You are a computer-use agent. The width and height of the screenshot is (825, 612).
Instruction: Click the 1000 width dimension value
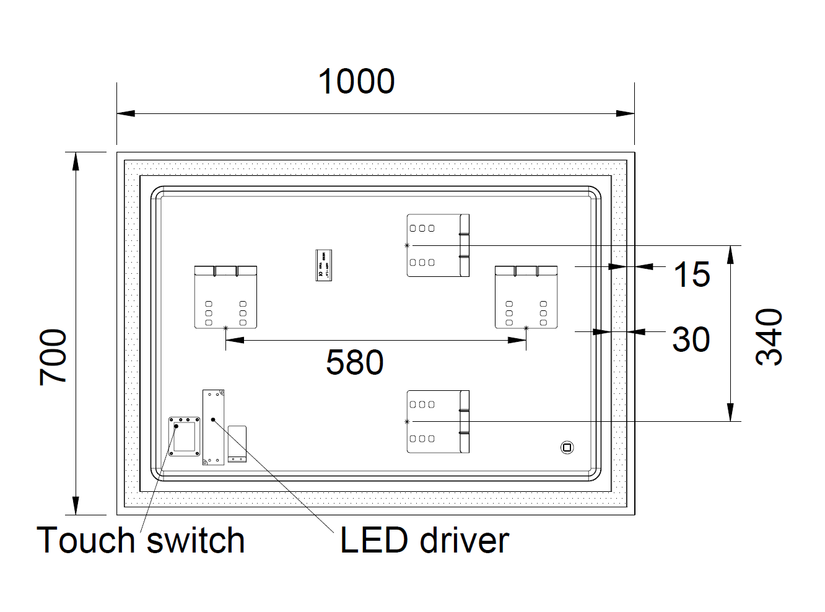356,82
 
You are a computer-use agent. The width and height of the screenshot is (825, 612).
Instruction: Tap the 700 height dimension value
53,357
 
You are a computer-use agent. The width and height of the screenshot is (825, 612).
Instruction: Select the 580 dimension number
354,362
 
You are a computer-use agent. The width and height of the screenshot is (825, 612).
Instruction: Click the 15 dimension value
691,274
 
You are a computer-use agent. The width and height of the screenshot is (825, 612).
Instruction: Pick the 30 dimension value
691,339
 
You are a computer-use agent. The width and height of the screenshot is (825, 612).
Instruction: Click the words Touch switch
141,540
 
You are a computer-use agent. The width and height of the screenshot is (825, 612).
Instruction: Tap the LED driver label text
424,540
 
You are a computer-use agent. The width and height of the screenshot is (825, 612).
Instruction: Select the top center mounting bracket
438,245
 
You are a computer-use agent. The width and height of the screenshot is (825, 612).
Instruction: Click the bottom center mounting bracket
438,421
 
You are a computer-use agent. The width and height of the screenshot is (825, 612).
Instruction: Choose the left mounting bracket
225,297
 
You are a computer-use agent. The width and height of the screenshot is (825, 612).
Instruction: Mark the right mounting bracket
526,297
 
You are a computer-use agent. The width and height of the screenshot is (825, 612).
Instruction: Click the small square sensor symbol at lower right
566,447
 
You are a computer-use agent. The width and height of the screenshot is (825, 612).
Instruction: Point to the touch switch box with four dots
185,436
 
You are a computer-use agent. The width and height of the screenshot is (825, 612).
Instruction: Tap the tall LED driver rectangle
213,427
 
